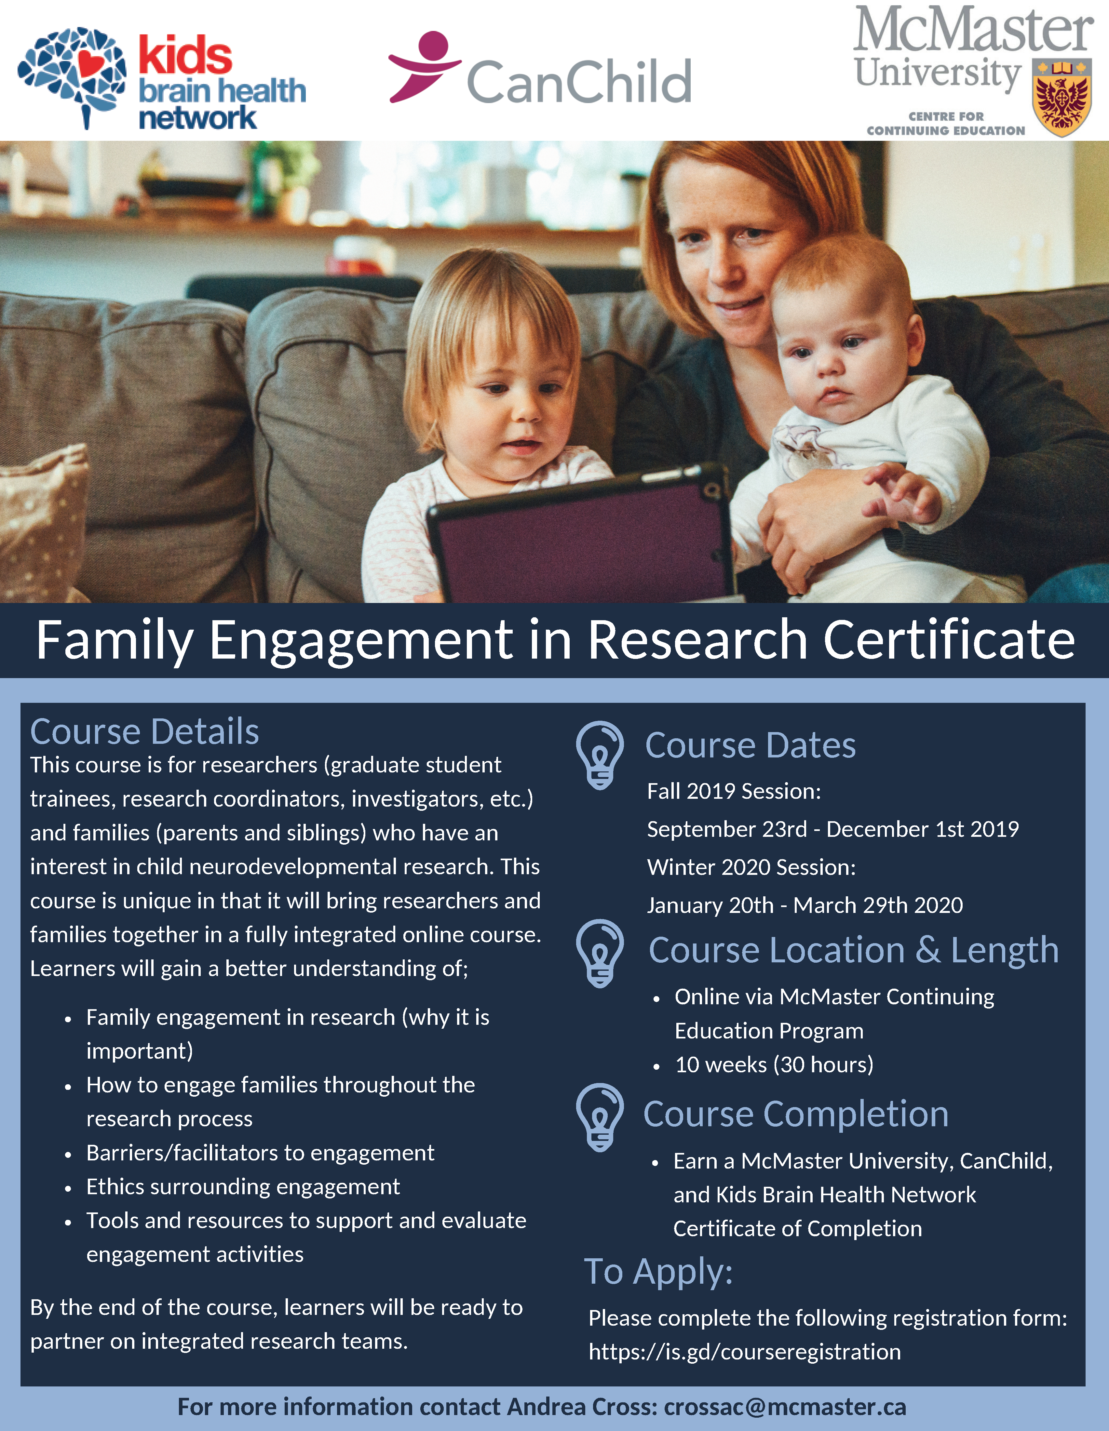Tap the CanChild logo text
[x=579, y=81]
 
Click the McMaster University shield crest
[x=1062, y=97]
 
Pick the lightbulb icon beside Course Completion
[x=600, y=1117]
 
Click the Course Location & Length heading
[x=853, y=950]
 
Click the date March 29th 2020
[x=878, y=905]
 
